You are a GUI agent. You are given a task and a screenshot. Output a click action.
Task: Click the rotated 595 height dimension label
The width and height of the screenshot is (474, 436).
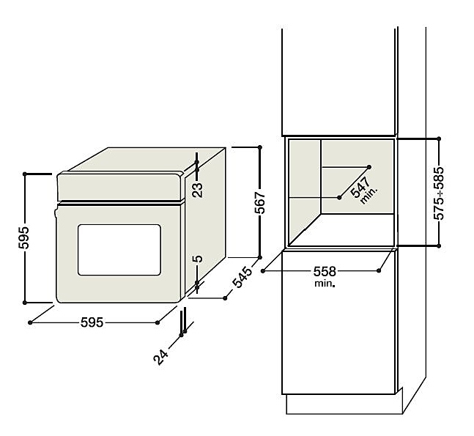click(23, 238)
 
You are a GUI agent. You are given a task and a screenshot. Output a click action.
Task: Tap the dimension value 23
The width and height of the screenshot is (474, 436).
click(197, 191)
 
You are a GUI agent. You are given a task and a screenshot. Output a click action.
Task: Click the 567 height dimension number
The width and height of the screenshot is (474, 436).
click(269, 203)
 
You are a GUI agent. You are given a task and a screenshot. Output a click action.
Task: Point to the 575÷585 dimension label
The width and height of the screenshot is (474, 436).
click(439, 193)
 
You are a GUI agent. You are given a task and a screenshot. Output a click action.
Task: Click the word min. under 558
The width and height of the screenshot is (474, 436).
click(325, 283)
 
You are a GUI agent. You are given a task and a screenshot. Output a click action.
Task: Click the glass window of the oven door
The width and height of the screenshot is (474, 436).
click(119, 249)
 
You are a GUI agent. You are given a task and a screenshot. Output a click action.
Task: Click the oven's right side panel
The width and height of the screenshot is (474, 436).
click(209, 220)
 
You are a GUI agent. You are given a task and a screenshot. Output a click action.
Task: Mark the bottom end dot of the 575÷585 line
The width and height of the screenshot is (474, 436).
click(437, 246)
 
